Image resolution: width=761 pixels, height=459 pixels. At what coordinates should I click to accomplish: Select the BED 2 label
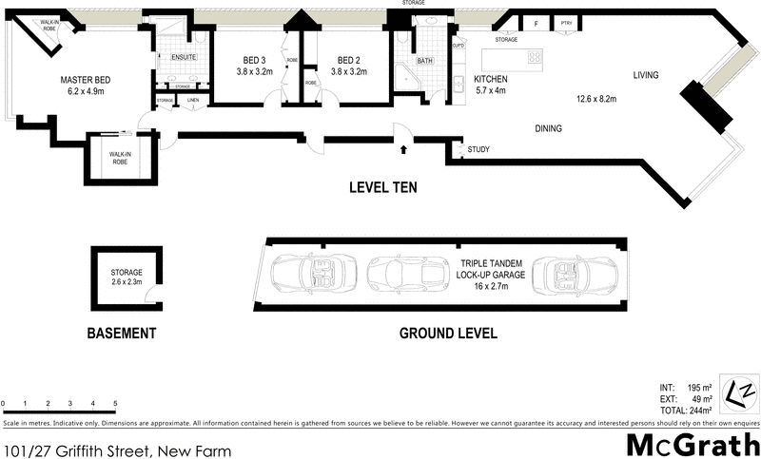click(347, 59)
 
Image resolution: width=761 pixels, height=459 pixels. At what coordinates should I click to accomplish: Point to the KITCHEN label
click(490, 79)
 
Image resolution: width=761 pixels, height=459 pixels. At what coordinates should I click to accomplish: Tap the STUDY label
click(478, 149)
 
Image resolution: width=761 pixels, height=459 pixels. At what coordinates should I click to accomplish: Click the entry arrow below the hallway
click(404, 148)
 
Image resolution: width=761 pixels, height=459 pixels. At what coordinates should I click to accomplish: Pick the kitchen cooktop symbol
click(535, 57)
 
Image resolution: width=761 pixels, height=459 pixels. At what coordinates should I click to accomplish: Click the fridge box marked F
click(536, 24)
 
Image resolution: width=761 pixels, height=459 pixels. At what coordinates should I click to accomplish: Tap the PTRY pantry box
click(565, 24)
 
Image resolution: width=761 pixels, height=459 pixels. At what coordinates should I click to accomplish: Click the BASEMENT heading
click(121, 334)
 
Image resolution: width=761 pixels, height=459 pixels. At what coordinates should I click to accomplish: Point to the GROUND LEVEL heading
click(447, 334)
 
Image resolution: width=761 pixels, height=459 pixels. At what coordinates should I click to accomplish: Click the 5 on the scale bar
click(115, 404)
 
